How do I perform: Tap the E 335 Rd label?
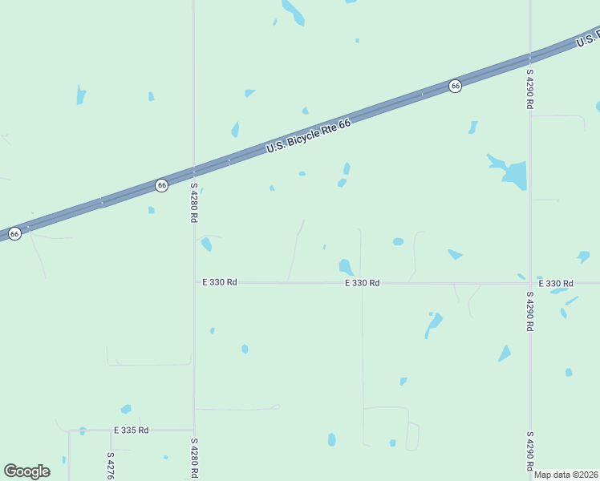pyautogui.click(x=131, y=430)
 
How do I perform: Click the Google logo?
pyautogui.click(x=26, y=471)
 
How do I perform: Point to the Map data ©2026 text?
pyautogui.click(x=566, y=475)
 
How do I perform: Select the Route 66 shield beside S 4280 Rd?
pyautogui.click(x=162, y=185)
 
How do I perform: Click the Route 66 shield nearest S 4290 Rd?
pyautogui.click(x=455, y=86)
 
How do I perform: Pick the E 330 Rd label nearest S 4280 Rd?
pyautogui.click(x=219, y=282)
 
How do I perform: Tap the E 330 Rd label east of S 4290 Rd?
pyautogui.click(x=556, y=284)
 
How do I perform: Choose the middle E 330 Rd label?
pyautogui.click(x=362, y=283)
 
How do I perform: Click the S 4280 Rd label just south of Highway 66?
pyautogui.click(x=194, y=203)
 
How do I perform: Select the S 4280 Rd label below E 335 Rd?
pyautogui.click(x=194, y=458)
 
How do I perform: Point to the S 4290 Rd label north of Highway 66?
pyautogui.click(x=530, y=88)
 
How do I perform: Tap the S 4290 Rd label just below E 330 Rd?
pyautogui.click(x=530, y=311)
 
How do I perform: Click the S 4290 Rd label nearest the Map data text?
pyautogui.click(x=530, y=450)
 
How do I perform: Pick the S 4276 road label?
pyautogui.click(x=111, y=466)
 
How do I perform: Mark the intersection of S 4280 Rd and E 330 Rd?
pyautogui.click(x=194, y=282)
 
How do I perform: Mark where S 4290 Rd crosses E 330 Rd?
pyautogui.click(x=530, y=283)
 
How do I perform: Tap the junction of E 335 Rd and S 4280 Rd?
pyautogui.click(x=194, y=430)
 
